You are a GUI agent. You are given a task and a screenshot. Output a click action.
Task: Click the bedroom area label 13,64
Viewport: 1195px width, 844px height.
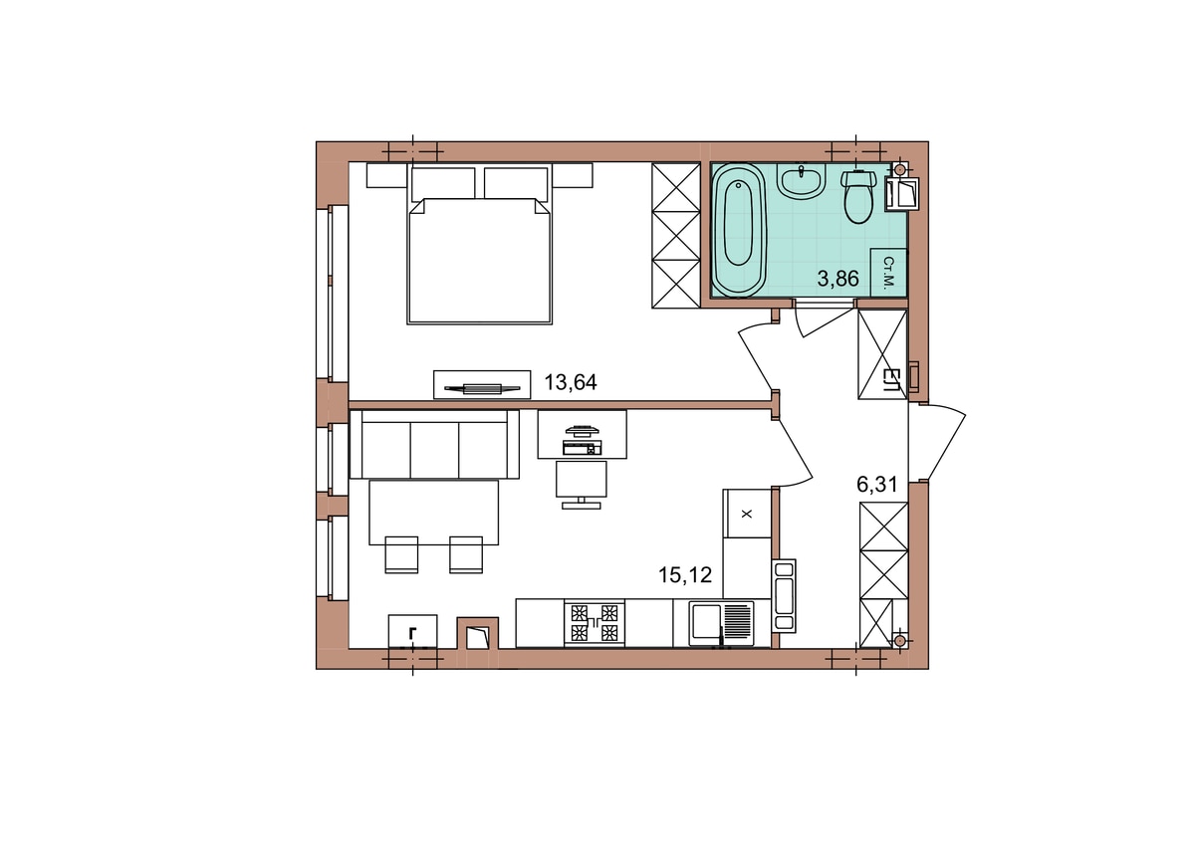(x=571, y=382)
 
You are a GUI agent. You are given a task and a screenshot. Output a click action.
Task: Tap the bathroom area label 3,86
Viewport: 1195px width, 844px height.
(x=838, y=279)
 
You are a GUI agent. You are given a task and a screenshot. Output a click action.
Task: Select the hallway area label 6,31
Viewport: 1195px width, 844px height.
(x=877, y=484)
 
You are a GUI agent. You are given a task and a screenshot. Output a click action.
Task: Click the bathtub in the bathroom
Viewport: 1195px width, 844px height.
(x=739, y=229)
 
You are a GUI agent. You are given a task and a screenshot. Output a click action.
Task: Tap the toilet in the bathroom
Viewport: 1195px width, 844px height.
(x=858, y=196)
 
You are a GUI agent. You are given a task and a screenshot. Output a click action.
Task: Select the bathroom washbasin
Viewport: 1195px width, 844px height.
(x=801, y=181)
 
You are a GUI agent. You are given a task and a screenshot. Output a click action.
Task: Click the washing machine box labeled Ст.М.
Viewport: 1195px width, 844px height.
(x=888, y=272)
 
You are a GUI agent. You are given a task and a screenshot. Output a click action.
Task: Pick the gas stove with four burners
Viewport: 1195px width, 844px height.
(x=595, y=622)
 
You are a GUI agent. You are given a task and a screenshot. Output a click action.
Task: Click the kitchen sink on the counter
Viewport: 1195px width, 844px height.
(x=721, y=623)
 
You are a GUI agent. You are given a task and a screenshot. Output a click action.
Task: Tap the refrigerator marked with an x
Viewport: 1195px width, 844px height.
(x=747, y=514)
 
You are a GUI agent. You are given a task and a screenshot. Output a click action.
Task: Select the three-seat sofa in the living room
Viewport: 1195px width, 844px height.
(x=434, y=444)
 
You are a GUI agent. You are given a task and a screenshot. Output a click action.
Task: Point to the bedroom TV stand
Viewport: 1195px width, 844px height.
(x=482, y=384)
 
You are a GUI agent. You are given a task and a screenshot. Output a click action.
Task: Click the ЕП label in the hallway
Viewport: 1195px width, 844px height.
(x=888, y=379)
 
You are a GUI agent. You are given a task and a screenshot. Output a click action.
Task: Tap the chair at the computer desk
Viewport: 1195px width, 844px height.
(x=581, y=484)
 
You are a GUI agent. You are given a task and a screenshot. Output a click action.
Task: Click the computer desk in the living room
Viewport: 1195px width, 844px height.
(x=582, y=434)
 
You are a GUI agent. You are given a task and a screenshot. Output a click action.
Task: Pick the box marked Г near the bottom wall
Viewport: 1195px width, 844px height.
(x=412, y=631)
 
